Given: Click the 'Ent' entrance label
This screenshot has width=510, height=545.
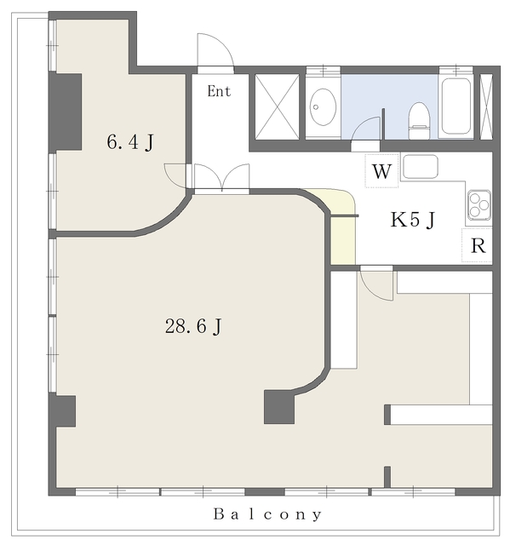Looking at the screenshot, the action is pos(219,91).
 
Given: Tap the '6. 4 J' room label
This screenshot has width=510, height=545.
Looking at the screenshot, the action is pos(130,142).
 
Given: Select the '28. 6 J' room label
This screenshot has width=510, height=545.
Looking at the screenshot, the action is pos(193,326).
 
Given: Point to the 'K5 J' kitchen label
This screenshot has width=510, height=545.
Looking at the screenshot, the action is pos(413,220).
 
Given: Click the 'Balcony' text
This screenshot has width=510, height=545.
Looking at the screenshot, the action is pos(267,514).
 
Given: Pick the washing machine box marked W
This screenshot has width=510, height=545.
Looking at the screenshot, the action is pos(381,171).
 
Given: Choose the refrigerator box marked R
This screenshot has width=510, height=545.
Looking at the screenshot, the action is pos(478,245).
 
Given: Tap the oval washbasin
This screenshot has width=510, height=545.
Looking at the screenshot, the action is pos(323,106).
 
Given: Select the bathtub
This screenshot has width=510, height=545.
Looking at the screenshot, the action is pos(456,106).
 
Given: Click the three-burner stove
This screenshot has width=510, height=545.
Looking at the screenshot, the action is pos(479,205).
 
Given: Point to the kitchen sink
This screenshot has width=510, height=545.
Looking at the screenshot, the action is pos(420,167).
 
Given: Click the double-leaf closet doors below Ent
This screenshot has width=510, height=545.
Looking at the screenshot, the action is pos(221,177).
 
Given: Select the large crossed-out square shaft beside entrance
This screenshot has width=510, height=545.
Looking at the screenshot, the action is pos(277,106).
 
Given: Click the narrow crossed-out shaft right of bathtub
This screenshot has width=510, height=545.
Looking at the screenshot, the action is pos(486,106).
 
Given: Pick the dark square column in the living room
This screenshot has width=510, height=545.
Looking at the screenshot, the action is pos(279,407).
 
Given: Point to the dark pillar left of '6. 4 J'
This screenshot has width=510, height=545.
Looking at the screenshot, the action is pos(66,112).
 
